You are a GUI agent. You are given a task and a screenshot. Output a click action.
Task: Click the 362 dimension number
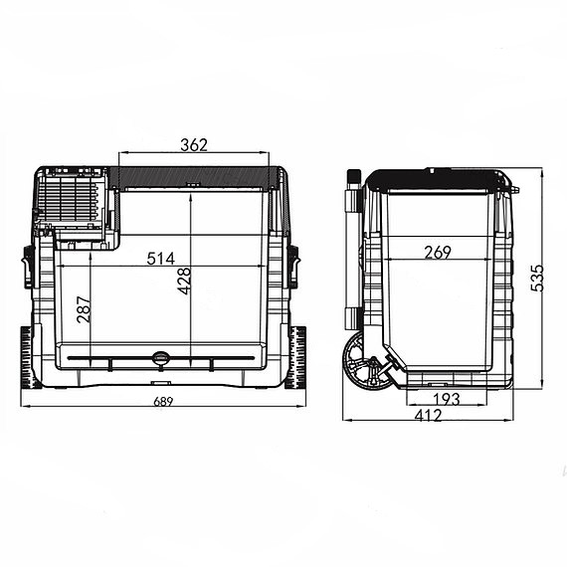[194, 145]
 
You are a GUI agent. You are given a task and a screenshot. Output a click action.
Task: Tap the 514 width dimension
[161, 259]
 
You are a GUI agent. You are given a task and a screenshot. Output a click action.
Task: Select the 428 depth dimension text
[184, 281]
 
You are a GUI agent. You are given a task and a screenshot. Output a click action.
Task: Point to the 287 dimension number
[84, 309]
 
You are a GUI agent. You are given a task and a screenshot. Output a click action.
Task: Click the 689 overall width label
[163, 402]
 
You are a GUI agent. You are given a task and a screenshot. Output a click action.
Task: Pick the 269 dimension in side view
[438, 253]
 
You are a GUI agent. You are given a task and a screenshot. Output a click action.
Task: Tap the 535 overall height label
[537, 279]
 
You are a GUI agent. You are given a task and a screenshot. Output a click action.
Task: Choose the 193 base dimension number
[447, 399]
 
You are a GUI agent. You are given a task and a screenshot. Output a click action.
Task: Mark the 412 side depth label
[428, 416]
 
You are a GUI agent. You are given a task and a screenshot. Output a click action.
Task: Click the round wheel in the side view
[366, 362]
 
